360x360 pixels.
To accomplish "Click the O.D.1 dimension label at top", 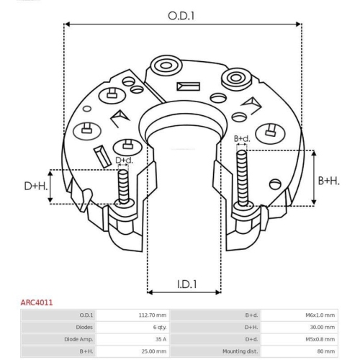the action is click(x=181, y=16).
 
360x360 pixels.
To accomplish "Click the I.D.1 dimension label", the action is click(x=187, y=284).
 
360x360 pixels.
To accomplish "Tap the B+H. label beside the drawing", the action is click(x=329, y=181).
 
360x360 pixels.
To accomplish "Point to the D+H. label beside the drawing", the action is click(x=36, y=186).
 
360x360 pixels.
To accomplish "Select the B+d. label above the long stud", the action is click(x=242, y=138).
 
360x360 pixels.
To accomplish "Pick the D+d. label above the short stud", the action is click(x=124, y=160).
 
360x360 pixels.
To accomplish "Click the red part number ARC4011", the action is click(x=37, y=302).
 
